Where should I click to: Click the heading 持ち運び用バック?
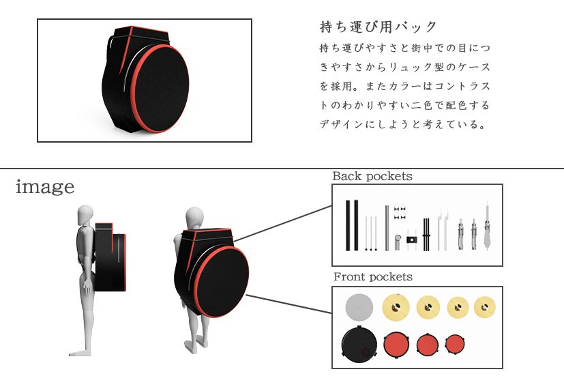pyautogui.click(x=378, y=27)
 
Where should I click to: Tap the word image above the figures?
pyautogui.click(x=45, y=186)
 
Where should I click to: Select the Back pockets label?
pyautogui.click(x=372, y=176)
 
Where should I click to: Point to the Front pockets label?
pyautogui.click(x=373, y=276)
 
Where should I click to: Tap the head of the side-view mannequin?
pyautogui.click(x=84, y=214)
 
